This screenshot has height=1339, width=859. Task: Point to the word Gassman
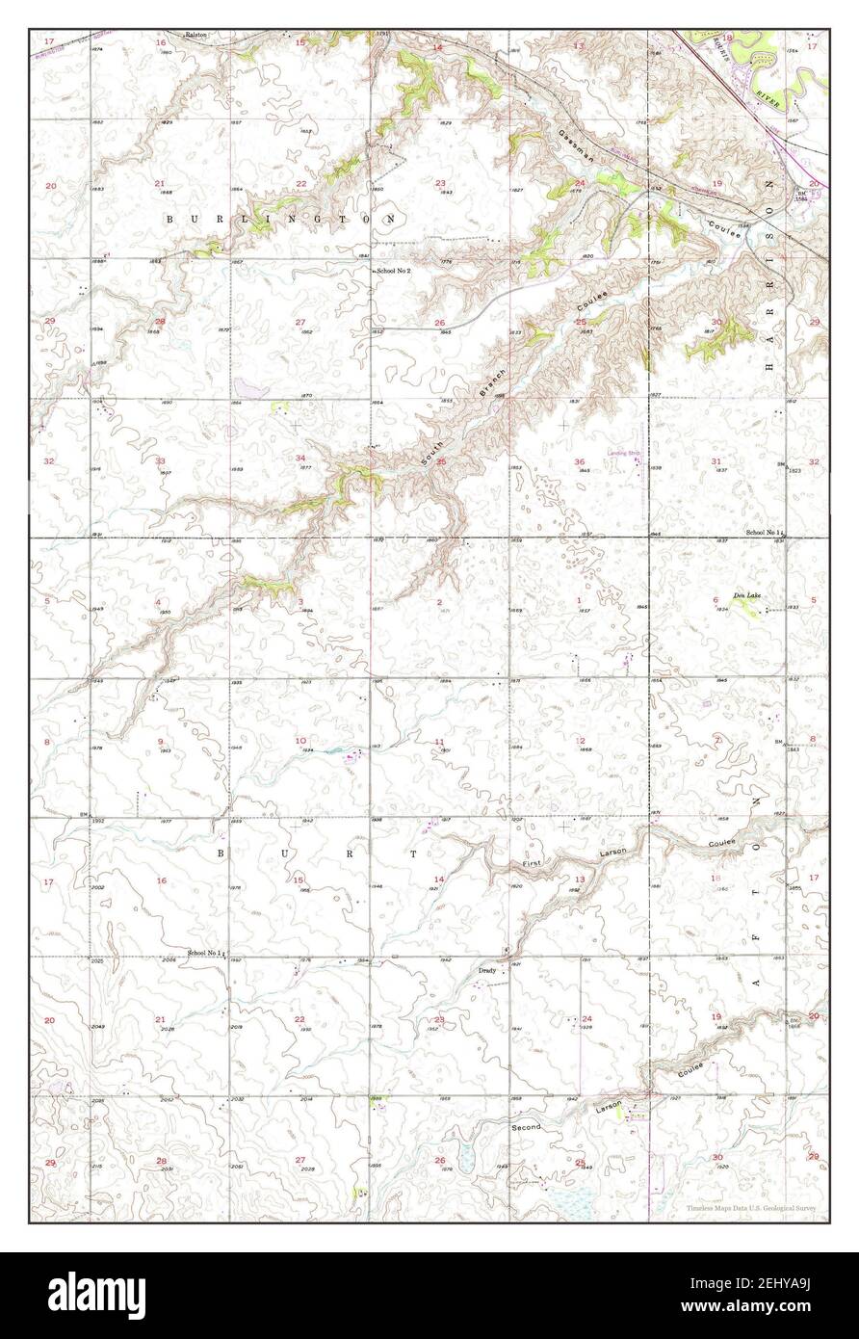click(577, 144)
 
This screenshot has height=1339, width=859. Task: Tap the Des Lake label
click(747, 596)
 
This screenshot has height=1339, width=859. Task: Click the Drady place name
click(487, 971)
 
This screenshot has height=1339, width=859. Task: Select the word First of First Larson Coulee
click(534, 866)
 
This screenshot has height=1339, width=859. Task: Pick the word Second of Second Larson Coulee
click(527, 1125)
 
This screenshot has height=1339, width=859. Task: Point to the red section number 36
click(579, 462)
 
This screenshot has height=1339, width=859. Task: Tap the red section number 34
click(300, 459)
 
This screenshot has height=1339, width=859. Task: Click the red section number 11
click(439, 742)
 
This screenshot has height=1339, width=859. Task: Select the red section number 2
click(439, 602)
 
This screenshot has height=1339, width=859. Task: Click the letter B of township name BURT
click(220, 853)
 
